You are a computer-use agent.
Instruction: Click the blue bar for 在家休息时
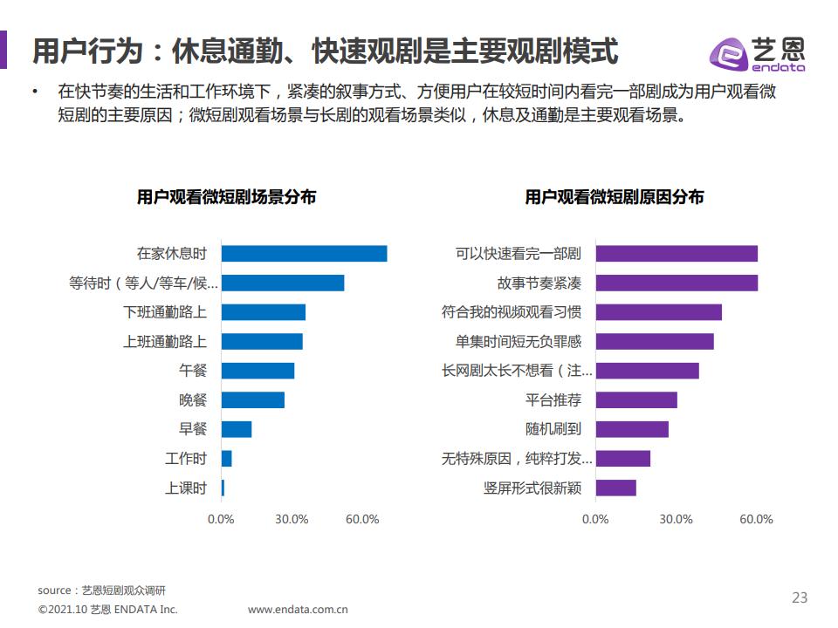(x=304, y=254)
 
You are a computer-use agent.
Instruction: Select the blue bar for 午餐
(x=258, y=371)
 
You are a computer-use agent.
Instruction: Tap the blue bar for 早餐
(x=237, y=429)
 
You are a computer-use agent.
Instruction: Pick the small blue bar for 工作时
(x=227, y=459)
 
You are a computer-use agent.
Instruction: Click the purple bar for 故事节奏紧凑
(x=677, y=283)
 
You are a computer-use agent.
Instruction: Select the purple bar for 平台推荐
(x=636, y=400)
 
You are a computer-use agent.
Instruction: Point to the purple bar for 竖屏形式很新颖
(x=616, y=488)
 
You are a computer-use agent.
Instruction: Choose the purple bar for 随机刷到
(x=632, y=429)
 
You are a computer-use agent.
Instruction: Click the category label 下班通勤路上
(x=165, y=312)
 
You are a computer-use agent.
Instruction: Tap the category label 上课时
(x=186, y=488)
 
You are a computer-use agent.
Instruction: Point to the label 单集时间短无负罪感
(x=519, y=342)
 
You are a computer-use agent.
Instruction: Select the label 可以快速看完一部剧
(x=519, y=254)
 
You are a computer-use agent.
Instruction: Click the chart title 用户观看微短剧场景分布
(x=226, y=197)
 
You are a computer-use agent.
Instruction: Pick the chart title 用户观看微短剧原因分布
(x=615, y=197)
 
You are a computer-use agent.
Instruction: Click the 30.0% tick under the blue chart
(x=292, y=520)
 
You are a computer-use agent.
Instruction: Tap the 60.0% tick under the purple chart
(x=756, y=520)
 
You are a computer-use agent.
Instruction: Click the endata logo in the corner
(x=756, y=54)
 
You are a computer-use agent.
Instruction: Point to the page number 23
(x=800, y=598)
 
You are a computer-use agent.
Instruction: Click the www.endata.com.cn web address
(x=298, y=610)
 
